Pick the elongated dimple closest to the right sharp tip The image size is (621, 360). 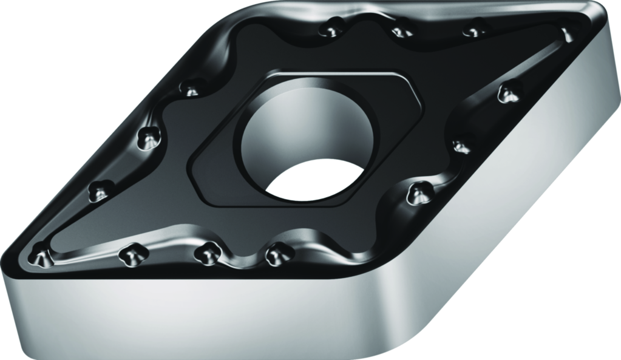coord(566,34)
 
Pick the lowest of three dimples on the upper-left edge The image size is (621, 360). coord(99,192)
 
